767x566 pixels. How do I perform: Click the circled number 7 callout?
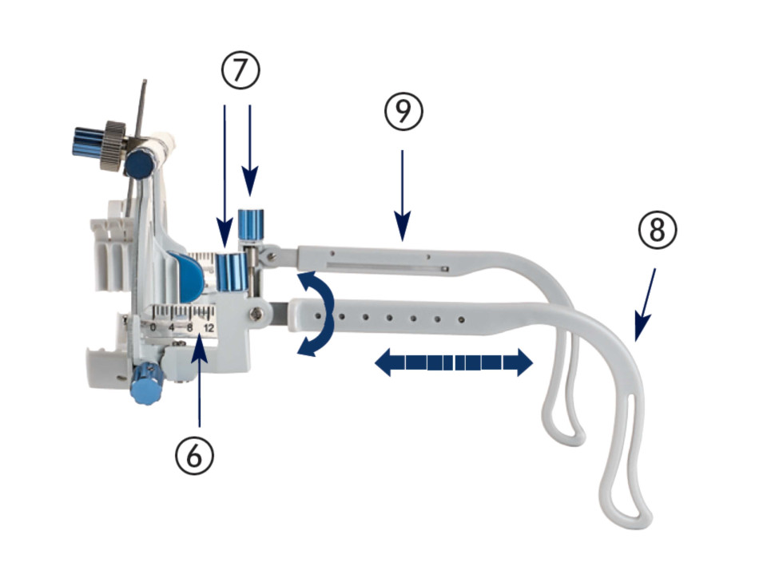[x=240, y=70]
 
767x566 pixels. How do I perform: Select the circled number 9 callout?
[x=403, y=112]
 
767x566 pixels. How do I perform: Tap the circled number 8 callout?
[x=657, y=230]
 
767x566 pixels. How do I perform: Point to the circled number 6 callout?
[x=195, y=456]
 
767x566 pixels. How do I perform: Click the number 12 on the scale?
[x=209, y=327]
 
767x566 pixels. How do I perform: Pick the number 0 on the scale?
[x=153, y=327]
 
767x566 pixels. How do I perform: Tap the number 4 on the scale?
[x=171, y=327]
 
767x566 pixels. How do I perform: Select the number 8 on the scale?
[x=190, y=327]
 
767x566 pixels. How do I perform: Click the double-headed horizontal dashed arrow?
[x=454, y=362]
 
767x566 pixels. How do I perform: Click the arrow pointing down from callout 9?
[x=403, y=196]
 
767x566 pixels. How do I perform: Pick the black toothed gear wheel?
[x=113, y=145]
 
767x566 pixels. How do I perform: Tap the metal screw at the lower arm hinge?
[x=256, y=313]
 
